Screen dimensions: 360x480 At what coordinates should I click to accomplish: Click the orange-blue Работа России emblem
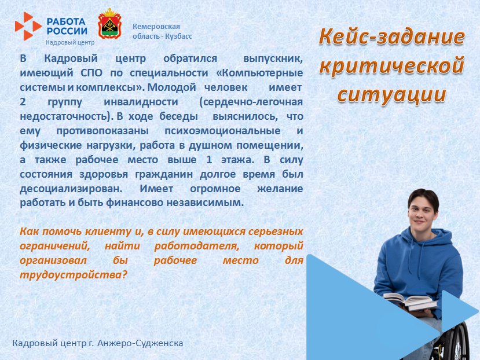click(x=28, y=25)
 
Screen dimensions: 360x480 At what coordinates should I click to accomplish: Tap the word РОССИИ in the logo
click(x=67, y=31)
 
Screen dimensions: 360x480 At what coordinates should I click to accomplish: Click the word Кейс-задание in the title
click(x=391, y=38)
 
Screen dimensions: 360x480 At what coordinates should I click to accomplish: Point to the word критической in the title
click(x=391, y=65)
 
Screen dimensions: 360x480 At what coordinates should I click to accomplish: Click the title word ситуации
click(x=391, y=94)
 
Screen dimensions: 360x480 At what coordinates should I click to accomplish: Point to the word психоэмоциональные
click(x=222, y=131)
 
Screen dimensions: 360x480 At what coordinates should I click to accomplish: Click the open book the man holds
click(x=409, y=301)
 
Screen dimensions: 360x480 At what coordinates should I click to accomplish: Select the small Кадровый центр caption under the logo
click(x=70, y=43)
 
